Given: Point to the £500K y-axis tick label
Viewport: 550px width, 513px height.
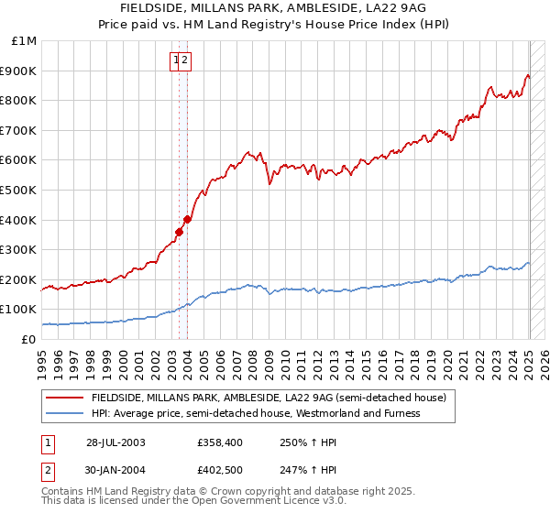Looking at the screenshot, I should pos(19,190).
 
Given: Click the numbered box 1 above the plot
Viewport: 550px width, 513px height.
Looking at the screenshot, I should pos(175,60).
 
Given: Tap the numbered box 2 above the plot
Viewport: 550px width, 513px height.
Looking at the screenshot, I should pos(184,60).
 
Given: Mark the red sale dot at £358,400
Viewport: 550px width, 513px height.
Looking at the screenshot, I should pos(180,232).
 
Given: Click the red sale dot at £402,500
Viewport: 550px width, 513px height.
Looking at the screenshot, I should pos(187,219).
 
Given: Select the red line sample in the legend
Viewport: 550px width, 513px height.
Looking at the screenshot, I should pos(65,398).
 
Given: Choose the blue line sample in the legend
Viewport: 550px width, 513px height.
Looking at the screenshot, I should pos(65,413).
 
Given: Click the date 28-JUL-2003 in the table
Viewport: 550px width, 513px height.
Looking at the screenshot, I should pos(115,442).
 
